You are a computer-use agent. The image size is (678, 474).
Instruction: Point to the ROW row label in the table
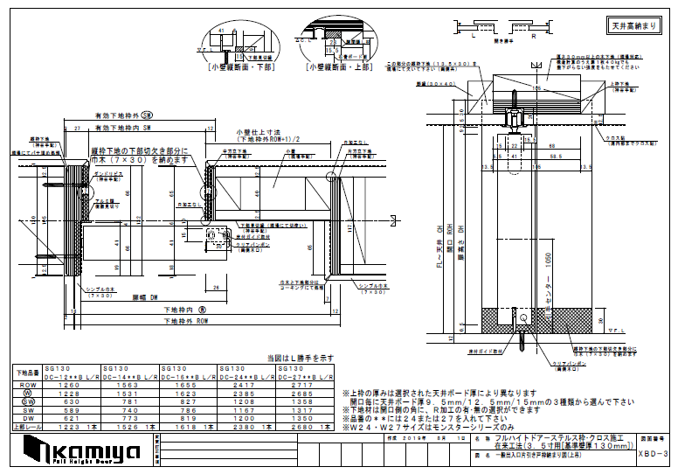tap(26, 384)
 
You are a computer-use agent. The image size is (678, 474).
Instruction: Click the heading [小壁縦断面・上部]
tap(335, 66)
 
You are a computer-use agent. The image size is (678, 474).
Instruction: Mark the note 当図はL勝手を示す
tap(301, 358)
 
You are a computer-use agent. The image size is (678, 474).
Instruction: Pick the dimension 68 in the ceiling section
tap(550, 145)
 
